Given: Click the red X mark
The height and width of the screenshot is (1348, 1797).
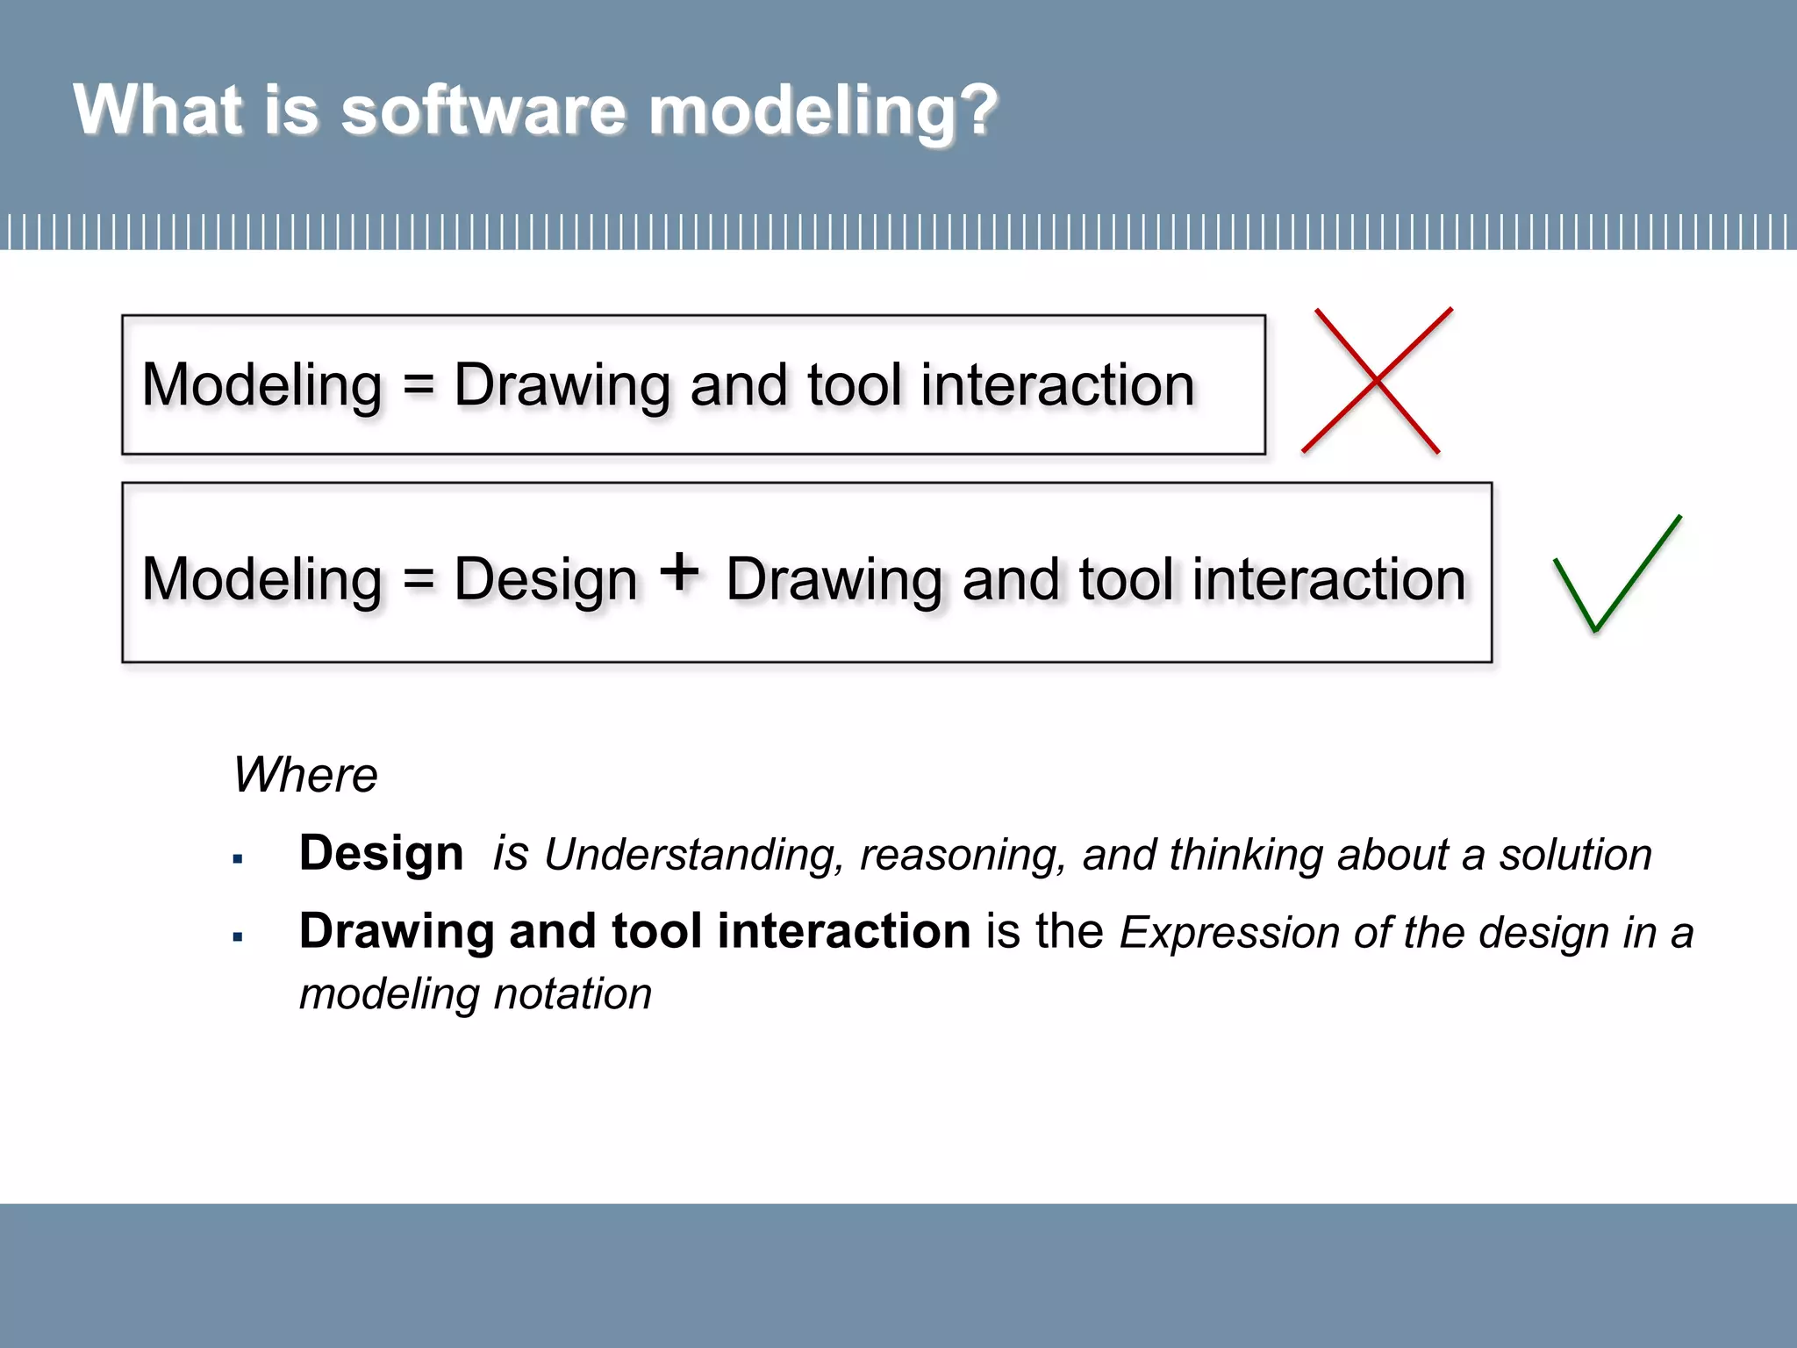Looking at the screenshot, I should pos(1377,380).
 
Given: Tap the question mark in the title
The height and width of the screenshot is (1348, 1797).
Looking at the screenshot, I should pos(977,111).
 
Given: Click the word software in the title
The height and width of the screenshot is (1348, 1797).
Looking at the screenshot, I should pos(483,111).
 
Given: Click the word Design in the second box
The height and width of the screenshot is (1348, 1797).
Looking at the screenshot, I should pos(545,580).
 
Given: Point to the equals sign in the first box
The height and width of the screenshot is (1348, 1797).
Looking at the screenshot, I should pos(419,385).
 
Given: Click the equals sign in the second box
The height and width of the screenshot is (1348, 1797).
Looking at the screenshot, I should pos(419,580).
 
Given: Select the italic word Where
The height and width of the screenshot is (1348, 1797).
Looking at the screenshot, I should pos(305,775).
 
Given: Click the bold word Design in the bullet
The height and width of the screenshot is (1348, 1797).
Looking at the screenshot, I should pos(381,853).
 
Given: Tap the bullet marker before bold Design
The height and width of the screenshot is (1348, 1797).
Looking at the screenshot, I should pos(238,859).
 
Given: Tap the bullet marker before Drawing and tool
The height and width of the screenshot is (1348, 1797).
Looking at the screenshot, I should pos(238,937).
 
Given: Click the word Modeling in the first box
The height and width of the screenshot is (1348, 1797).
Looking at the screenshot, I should pos(262,386).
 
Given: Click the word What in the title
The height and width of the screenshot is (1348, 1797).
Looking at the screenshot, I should pos(158,111).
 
